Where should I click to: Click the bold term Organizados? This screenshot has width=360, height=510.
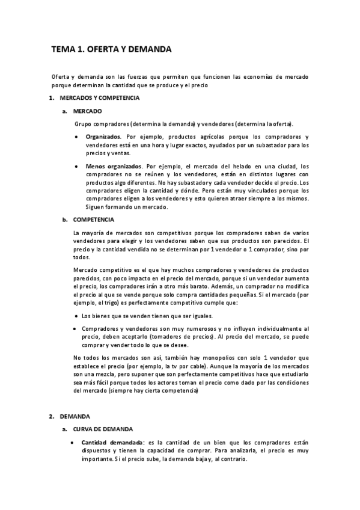point(103,137)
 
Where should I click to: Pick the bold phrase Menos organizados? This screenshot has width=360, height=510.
point(114,166)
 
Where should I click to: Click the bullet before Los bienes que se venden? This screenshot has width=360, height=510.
point(75,316)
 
